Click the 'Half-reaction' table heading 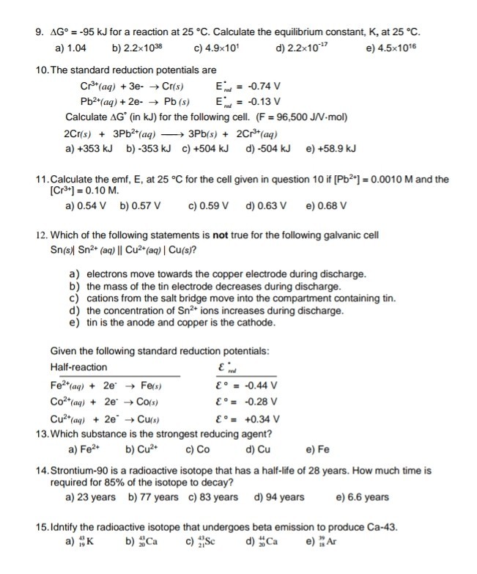[78, 367]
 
